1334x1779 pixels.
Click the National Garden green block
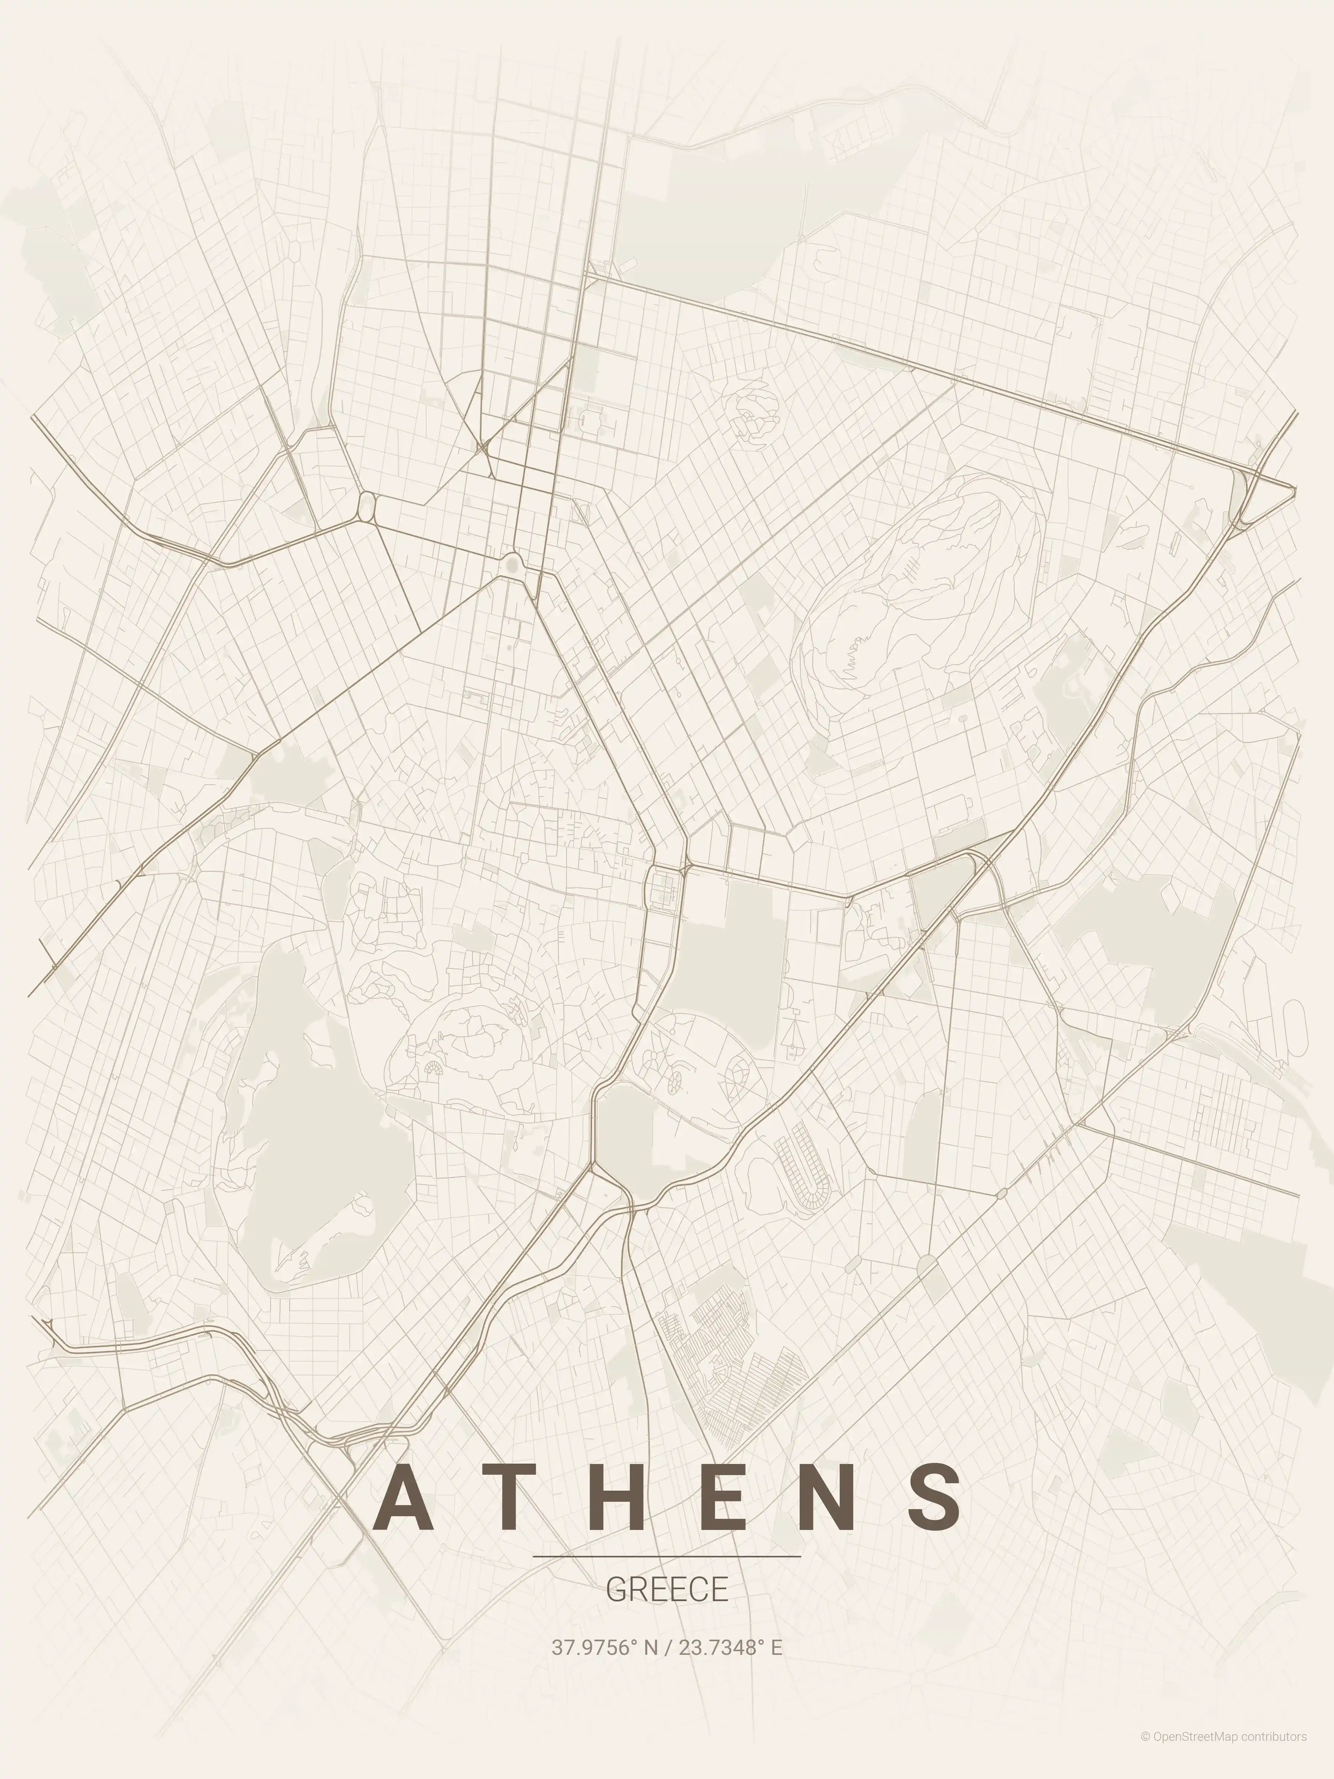[728, 949]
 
